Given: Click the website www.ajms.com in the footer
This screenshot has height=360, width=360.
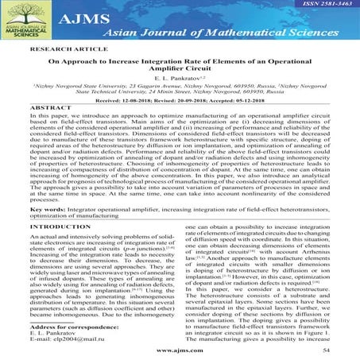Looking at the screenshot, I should coord(180,349).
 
